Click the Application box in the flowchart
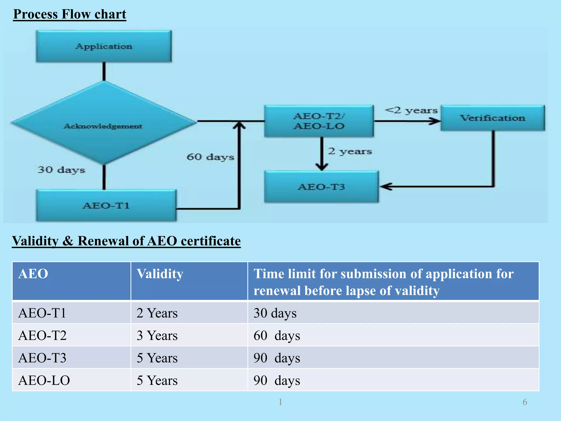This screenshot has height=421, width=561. coord(104,46)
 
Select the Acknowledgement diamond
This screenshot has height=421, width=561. coord(104,123)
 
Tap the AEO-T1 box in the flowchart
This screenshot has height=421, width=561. coord(106,205)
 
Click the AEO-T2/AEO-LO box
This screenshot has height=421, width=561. coord(319,121)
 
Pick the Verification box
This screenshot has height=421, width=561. coord(493,118)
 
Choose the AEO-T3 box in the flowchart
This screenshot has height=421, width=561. coord(321,187)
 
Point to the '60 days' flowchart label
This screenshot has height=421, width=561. coord(210,157)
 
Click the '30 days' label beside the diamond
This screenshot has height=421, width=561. coord(61,170)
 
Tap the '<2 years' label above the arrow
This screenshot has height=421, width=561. coord(411,110)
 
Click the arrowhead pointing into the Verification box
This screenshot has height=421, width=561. coord(436,121)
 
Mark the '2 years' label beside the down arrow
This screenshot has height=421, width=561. coord(350,151)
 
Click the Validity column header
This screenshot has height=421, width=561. coord(160,274)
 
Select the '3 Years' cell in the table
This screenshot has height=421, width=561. coord(157,335)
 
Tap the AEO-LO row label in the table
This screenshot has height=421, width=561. coord(44,380)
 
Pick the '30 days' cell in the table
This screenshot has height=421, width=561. coord(275,313)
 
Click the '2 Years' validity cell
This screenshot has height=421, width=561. coord(157,313)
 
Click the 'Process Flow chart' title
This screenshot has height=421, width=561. coord(70,14)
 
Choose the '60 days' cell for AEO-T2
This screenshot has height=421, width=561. coord(277,335)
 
